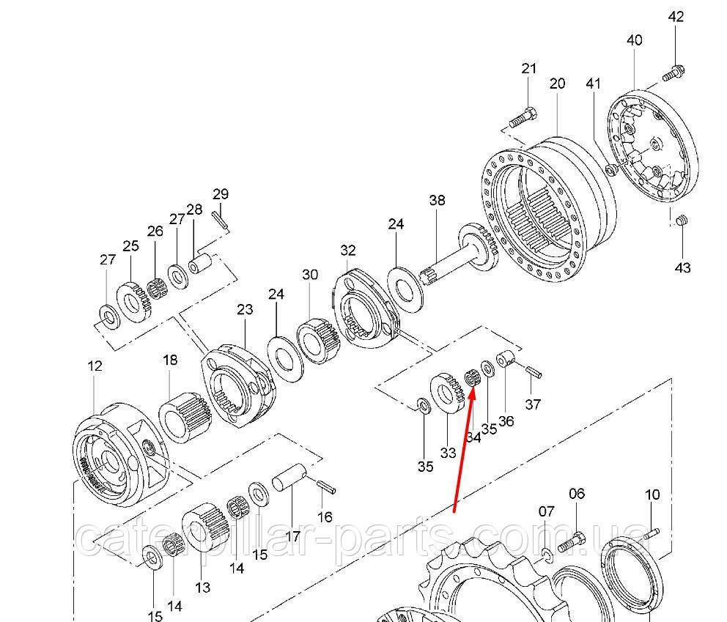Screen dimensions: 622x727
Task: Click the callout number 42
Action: (x=675, y=16)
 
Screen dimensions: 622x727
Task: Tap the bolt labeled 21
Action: (x=522, y=116)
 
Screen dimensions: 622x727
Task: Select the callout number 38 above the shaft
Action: (x=437, y=200)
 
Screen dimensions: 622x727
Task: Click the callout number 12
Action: (x=95, y=366)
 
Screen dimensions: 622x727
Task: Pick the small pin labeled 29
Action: (x=221, y=218)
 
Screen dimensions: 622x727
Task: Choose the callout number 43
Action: (x=682, y=268)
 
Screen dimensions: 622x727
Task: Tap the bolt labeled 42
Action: (x=673, y=73)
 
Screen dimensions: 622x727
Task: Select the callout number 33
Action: (x=449, y=452)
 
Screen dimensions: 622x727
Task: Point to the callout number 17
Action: (x=292, y=536)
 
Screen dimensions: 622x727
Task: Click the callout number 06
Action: (x=577, y=494)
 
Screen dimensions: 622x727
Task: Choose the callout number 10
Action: (x=652, y=495)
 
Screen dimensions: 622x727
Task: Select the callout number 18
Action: (x=170, y=360)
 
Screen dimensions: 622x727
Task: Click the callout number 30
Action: (x=310, y=275)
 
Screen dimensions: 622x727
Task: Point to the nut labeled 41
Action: (x=610, y=170)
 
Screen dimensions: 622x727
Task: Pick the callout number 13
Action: (x=203, y=587)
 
